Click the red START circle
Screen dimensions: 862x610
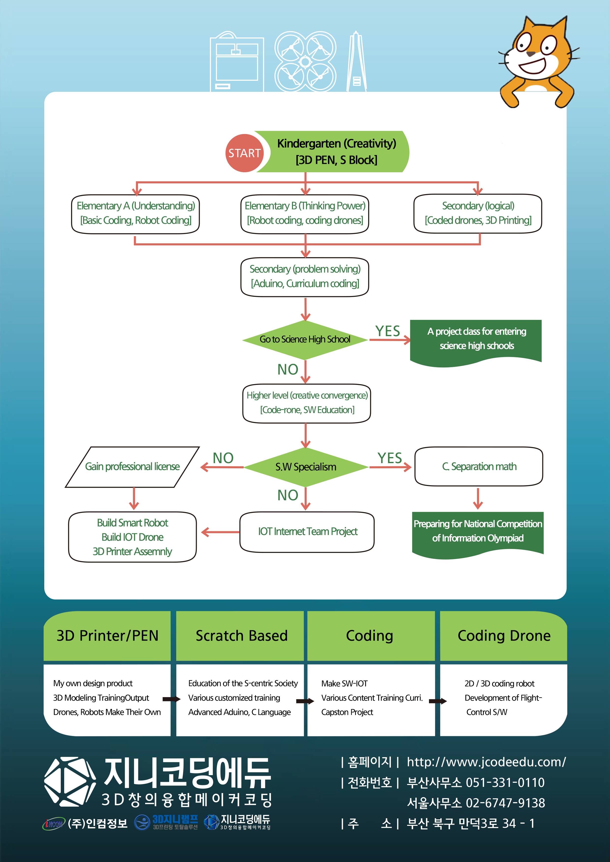(x=244, y=153)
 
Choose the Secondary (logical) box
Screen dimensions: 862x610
(x=477, y=213)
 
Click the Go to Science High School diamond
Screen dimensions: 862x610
(x=305, y=339)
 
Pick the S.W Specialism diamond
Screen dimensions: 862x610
(x=305, y=467)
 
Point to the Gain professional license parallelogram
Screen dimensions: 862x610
(x=132, y=467)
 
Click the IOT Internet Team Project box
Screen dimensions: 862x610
(x=307, y=532)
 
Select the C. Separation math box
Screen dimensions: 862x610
(x=479, y=466)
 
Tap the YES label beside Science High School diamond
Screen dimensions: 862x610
(x=388, y=331)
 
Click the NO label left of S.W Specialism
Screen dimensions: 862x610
(x=223, y=458)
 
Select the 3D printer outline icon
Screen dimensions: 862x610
(x=237, y=62)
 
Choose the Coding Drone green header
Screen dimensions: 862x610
(x=504, y=635)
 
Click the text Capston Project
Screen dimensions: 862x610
(x=347, y=712)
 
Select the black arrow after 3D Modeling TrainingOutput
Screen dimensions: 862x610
(x=171, y=699)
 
